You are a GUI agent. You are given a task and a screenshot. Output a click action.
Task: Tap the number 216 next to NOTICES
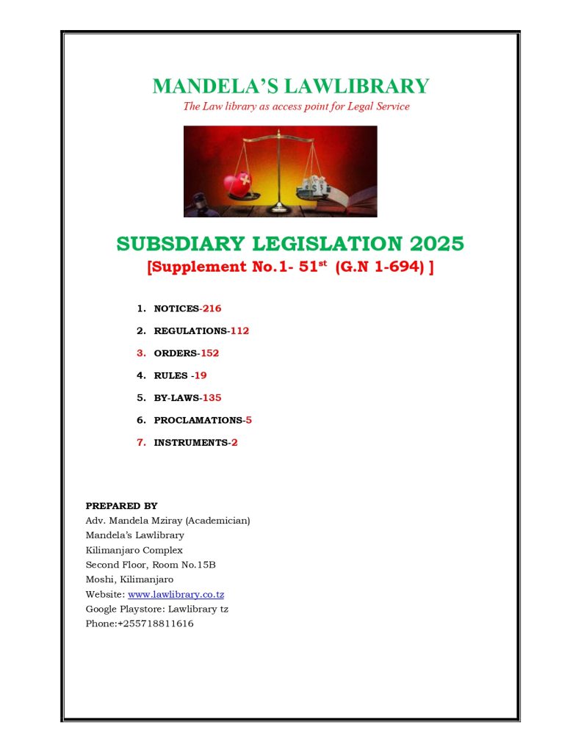tap(212, 308)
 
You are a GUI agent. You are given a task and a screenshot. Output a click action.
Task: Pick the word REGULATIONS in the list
tap(190, 331)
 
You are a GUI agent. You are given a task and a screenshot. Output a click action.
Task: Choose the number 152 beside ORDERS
tap(209, 353)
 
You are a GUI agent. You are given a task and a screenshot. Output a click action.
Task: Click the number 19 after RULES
tap(201, 376)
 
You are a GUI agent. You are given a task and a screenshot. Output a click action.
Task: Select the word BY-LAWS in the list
tap(176, 398)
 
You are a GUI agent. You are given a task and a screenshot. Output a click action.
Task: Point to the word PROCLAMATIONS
tap(198, 421)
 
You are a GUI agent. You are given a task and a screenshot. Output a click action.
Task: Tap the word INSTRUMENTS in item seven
tap(190, 443)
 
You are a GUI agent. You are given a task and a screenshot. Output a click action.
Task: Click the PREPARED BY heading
tap(121, 506)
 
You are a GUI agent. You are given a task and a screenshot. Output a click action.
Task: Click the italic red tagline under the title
tap(296, 106)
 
